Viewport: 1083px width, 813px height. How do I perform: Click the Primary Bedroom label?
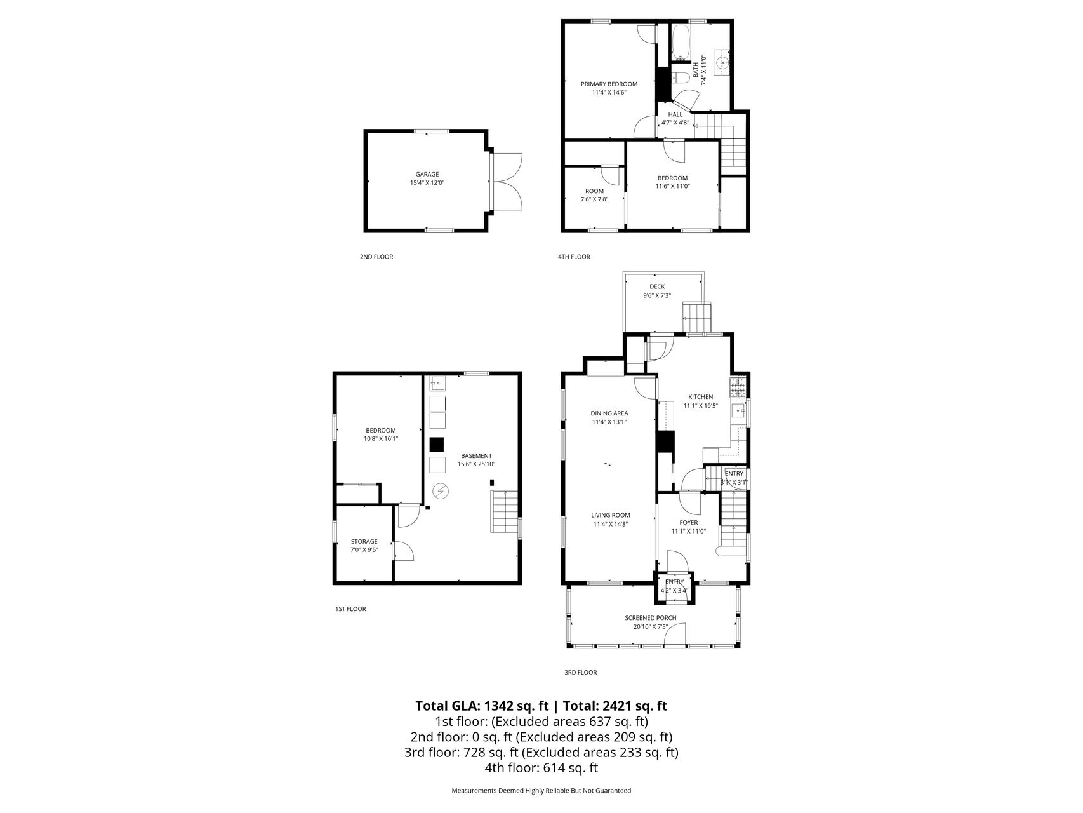(609, 84)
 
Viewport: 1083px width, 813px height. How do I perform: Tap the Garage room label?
(427, 174)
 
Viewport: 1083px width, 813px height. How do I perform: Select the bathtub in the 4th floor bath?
(681, 43)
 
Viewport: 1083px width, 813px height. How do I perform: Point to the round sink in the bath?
(723, 63)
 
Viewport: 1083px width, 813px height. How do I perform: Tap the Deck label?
(657, 286)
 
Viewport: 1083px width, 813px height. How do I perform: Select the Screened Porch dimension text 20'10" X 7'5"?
(650, 627)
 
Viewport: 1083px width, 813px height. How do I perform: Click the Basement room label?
(476, 455)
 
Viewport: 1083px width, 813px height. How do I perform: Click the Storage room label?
(364, 542)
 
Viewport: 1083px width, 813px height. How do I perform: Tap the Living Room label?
(611, 515)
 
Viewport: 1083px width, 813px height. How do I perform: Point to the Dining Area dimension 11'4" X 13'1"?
(609, 422)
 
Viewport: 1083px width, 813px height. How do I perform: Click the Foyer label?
(689, 523)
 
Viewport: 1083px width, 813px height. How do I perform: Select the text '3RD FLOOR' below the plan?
(580, 672)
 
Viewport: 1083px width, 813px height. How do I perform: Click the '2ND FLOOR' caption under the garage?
(376, 257)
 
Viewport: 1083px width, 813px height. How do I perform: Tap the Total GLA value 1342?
(499, 706)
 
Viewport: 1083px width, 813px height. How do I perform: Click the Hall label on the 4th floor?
(675, 114)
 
